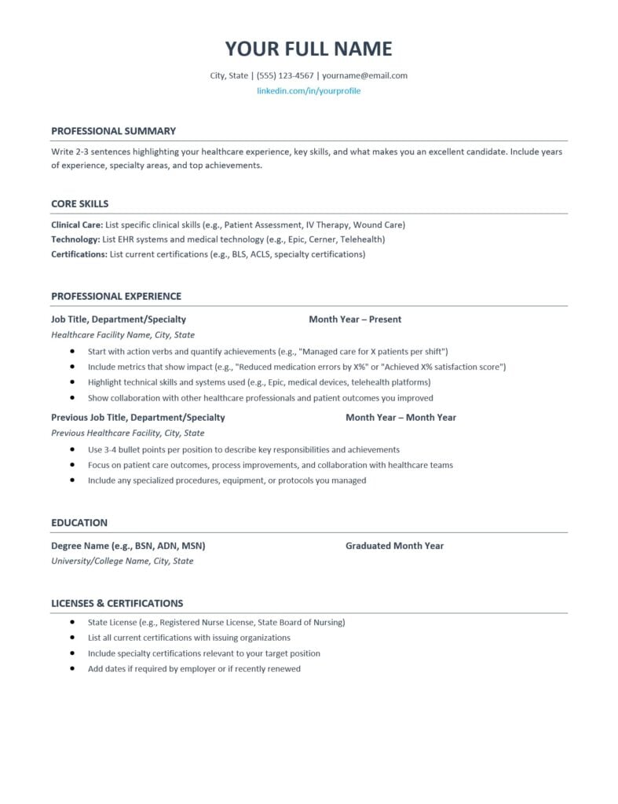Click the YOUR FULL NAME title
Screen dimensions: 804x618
pyautogui.click(x=309, y=49)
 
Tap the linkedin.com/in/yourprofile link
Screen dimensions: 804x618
pyautogui.click(x=309, y=91)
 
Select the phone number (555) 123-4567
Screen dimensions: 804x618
pyautogui.click(x=285, y=76)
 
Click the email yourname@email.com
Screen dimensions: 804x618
pyautogui.click(x=364, y=76)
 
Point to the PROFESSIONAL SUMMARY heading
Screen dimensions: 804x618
pyautogui.click(x=113, y=131)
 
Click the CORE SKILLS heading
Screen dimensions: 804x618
pyautogui.click(x=80, y=204)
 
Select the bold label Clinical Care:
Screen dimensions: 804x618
pyautogui.click(x=76, y=225)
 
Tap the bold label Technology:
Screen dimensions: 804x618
pyautogui.click(x=75, y=239)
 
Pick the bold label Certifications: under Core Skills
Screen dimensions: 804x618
pyautogui.click(x=79, y=254)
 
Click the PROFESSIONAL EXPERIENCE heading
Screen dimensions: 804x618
pyautogui.click(x=116, y=297)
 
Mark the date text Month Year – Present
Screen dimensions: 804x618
pyautogui.click(x=355, y=320)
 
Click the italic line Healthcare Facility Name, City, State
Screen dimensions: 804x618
pyautogui.click(x=123, y=334)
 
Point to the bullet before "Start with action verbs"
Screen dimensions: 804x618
pyautogui.click(x=72, y=352)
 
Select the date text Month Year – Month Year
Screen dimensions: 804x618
pyautogui.click(x=400, y=418)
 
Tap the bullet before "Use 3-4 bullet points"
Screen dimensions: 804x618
pyautogui.click(x=72, y=450)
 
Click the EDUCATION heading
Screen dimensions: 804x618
pyautogui.click(x=79, y=523)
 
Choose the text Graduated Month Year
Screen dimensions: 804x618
pyautogui.click(x=394, y=546)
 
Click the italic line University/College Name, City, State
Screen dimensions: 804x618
pyautogui.click(x=122, y=561)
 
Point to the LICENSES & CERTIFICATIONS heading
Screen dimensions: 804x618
pyautogui.click(x=117, y=604)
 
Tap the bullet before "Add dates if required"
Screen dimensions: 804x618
pyautogui.click(x=72, y=669)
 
